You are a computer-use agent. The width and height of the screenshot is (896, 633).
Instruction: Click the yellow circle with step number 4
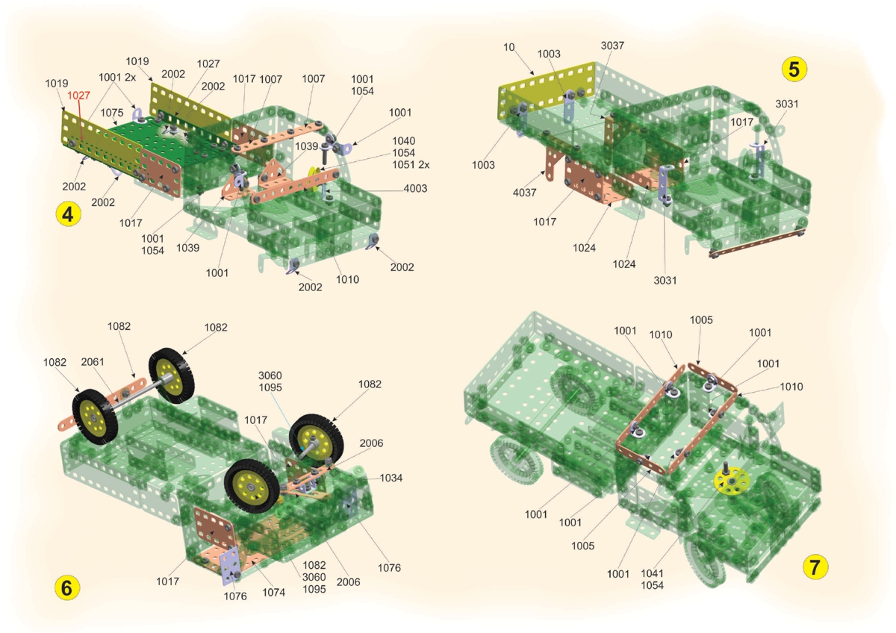point(68,214)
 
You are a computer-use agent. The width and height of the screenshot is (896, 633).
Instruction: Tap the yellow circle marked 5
point(794,69)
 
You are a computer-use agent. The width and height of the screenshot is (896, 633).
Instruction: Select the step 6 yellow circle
point(66,587)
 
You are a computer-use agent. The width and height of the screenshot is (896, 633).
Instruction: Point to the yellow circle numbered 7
point(815,567)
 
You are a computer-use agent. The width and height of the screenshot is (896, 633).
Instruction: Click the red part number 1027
point(78,96)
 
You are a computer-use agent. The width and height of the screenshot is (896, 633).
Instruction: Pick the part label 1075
point(111,113)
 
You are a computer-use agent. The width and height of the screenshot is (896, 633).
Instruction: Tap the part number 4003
point(415,188)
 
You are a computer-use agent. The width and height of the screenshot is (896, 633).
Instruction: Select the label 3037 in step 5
point(612,46)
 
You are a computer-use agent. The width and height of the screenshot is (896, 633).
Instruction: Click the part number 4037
point(524,193)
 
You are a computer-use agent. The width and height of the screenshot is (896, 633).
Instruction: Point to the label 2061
point(93,362)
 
